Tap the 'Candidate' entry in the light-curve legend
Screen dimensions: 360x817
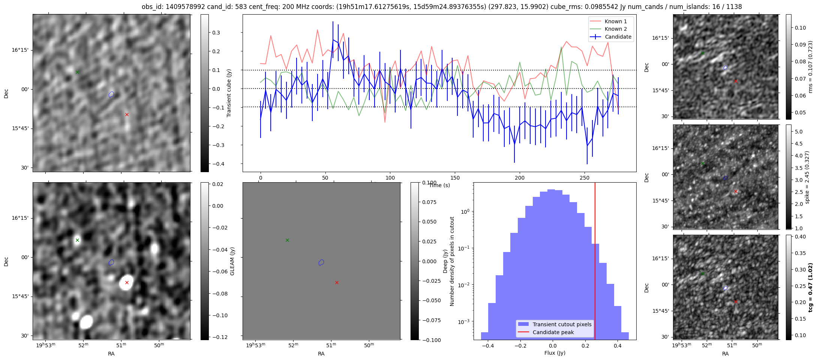tap(618, 37)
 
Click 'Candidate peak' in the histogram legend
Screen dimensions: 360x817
tap(553, 332)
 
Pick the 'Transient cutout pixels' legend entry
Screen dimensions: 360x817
tap(562, 324)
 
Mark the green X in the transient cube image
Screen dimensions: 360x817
tap(77, 72)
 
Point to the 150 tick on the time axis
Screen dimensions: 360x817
tap(455, 178)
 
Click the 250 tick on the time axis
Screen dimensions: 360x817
tap(585, 178)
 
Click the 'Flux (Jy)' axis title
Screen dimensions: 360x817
tap(555, 353)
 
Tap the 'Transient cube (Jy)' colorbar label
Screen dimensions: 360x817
tap(229, 93)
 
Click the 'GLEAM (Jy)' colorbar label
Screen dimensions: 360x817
tap(232, 261)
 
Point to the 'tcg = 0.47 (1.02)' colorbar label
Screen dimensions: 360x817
tap(810, 288)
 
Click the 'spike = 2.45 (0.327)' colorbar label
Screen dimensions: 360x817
tap(807, 177)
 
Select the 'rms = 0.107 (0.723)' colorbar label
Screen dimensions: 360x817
tap(810, 67)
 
